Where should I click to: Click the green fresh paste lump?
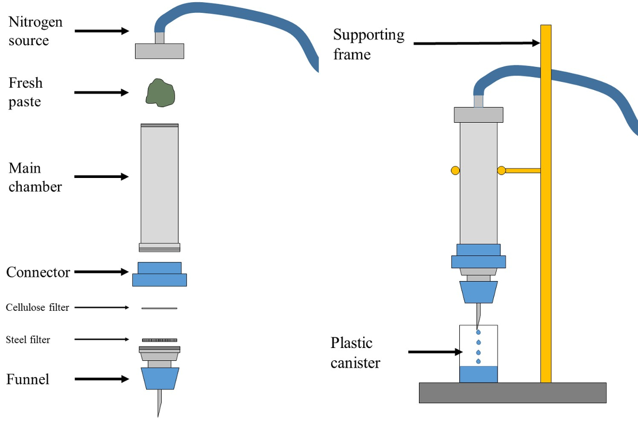tap(161, 92)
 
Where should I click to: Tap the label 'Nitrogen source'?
tap(35, 31)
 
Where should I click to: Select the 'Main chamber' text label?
tap(35, 177)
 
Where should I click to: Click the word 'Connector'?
tap(38, 273)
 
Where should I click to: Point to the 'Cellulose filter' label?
tap(37, 308)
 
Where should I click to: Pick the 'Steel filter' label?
tap(28, 339)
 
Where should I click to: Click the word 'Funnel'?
tap(28, 379)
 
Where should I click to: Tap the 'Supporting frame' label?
tap(368, 44)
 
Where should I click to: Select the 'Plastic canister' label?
tap(356, 352)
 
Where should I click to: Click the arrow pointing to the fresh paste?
tap(101, 92)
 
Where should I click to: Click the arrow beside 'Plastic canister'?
tap(432, 352)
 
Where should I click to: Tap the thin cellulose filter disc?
tap(159, 308)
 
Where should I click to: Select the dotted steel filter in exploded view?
tap(159, 339)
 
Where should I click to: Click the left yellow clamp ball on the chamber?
tap(455, 171)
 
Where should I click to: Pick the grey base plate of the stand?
tap(513, 393)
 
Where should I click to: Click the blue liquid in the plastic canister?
tap(478, 375)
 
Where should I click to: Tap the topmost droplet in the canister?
tap(477, 331)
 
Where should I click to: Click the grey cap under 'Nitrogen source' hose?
tap(159, 51)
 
